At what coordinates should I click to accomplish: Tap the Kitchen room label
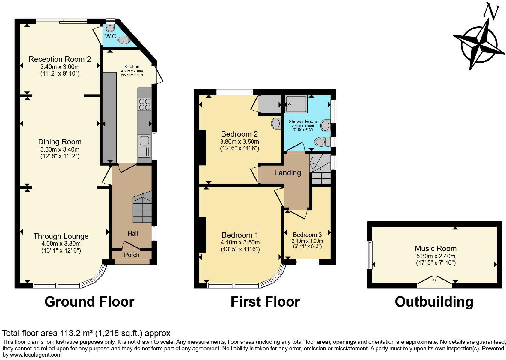pyautogui.click(x=132, y=67)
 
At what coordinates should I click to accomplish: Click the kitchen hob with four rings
pyautogui.click(x=145, y=104)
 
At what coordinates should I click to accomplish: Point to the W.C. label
pyautogui.click(x=111, y=36)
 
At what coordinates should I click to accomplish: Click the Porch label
pyautogui.click(x=132, y=255)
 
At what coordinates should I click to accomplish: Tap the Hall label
pyautogui.click(x=133, y=233)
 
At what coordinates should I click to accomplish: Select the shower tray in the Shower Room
pyautogui.click(x=296, y=104)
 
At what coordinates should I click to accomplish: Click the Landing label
pyautogui.click(x=287, y=172)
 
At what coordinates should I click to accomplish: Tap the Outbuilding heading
pyautogui.click(x=434, y=302)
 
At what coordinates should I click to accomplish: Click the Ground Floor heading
pyautogui.click(x=89, y=302)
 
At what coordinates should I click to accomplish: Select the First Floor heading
pyautogui.click(x=265, y=302)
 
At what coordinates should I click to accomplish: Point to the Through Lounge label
pyautogui.click(x=61, y=236)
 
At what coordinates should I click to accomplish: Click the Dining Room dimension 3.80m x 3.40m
pyautogui.click(x=60, y=149)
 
